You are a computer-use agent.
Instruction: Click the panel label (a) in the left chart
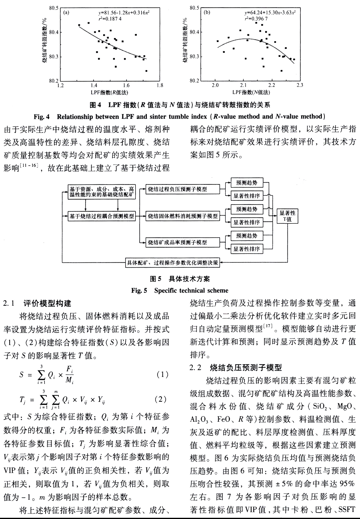point(66,12)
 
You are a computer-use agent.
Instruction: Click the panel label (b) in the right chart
point(207,12)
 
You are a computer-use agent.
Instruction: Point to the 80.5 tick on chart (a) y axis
point(53,8)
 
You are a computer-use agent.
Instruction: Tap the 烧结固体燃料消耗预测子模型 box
point(182,216)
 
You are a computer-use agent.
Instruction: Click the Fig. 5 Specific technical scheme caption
point(180,290)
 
